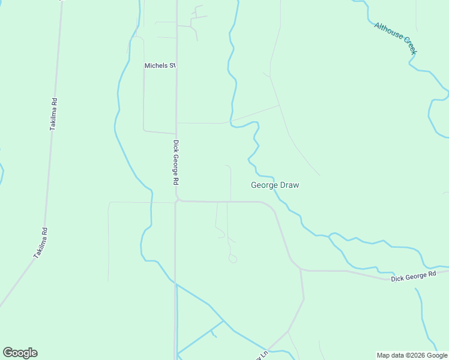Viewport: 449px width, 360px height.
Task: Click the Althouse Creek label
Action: pyautogui.click(x=395, y=38)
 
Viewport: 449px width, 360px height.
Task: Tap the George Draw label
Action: pyautogui.click(x=274, y=185)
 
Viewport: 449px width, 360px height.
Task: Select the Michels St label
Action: pyautogui.click(x=159, y=65)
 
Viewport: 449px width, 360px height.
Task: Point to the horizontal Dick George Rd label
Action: pyautogui.click(x=413, y=277)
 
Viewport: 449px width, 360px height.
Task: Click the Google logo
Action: pyautogui.click(x=20, y=353)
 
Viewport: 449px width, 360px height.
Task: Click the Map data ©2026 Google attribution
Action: pyautogui.click(x=412, y=355)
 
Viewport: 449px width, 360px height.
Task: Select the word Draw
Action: pyautogui.click(x=288, y=185)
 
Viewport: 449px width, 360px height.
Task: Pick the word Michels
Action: pyautogui.click(x=155, y=65)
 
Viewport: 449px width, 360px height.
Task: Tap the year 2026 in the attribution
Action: pyautogui.click(x=417, y=355)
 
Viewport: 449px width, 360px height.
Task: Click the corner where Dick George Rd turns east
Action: pyautogui.click(x=178, y=200)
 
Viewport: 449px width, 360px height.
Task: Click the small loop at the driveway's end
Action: pyautogui.click(x=233, y=259)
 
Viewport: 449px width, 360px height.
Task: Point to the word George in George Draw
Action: pyautogui.click(x=263, y=185)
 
